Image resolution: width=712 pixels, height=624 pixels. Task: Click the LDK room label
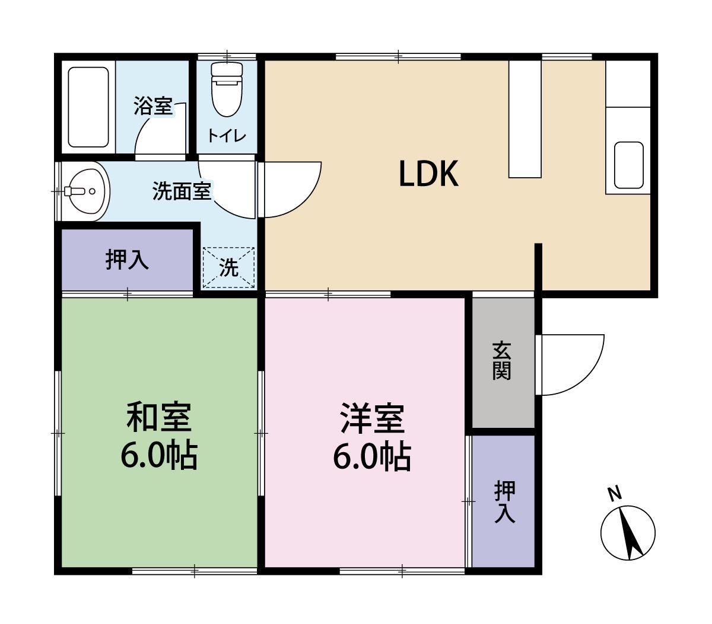(428, 175)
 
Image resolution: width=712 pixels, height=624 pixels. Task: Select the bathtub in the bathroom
(88, 107)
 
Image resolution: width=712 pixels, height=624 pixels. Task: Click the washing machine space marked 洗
(228, 268)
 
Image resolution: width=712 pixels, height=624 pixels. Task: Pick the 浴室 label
(152, 107)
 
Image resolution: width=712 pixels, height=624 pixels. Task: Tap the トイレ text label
(226, 136)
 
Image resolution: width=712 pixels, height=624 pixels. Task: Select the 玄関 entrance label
(502, 361)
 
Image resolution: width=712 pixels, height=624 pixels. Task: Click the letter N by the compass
(614, 493)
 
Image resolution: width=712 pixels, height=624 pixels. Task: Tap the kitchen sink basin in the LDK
(628, 165)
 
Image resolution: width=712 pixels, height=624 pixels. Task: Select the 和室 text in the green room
(159, 418)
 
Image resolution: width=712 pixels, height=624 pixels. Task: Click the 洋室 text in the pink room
(372, 418)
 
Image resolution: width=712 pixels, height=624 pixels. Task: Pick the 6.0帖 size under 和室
(159, 455)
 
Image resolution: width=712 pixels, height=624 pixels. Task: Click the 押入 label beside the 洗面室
(127, 260)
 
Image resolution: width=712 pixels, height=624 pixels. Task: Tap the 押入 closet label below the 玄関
(504, 501)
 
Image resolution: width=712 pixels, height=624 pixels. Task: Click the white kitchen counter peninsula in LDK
(525, 119)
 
